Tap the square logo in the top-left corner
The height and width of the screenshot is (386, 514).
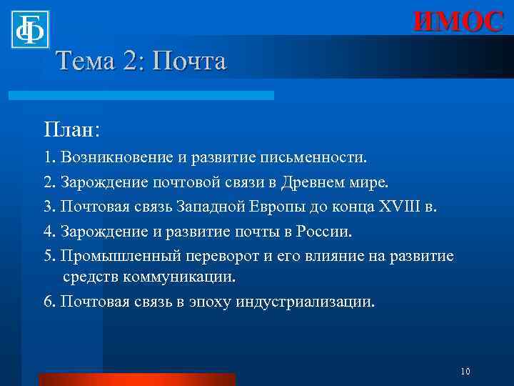[30, 29]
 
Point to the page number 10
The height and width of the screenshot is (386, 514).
[465, 371]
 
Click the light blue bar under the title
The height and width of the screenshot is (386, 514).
[141, 95]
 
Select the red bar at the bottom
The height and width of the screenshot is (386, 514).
[137, 379]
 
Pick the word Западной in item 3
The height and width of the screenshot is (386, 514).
[240, 207]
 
